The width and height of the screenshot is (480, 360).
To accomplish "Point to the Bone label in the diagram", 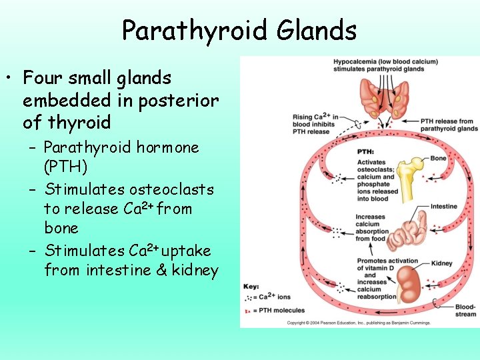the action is [x=439, y=159].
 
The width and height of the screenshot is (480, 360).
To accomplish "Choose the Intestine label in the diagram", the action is [x=444, y=207].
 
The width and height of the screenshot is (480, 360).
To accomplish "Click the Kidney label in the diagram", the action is [x=442, y=264].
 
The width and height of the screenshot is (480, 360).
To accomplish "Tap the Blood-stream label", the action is [x=465, y=311].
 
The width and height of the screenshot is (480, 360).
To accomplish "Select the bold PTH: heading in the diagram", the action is [x=365, y=152].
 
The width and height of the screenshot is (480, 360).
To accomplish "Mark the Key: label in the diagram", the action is [x=251, y=285].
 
